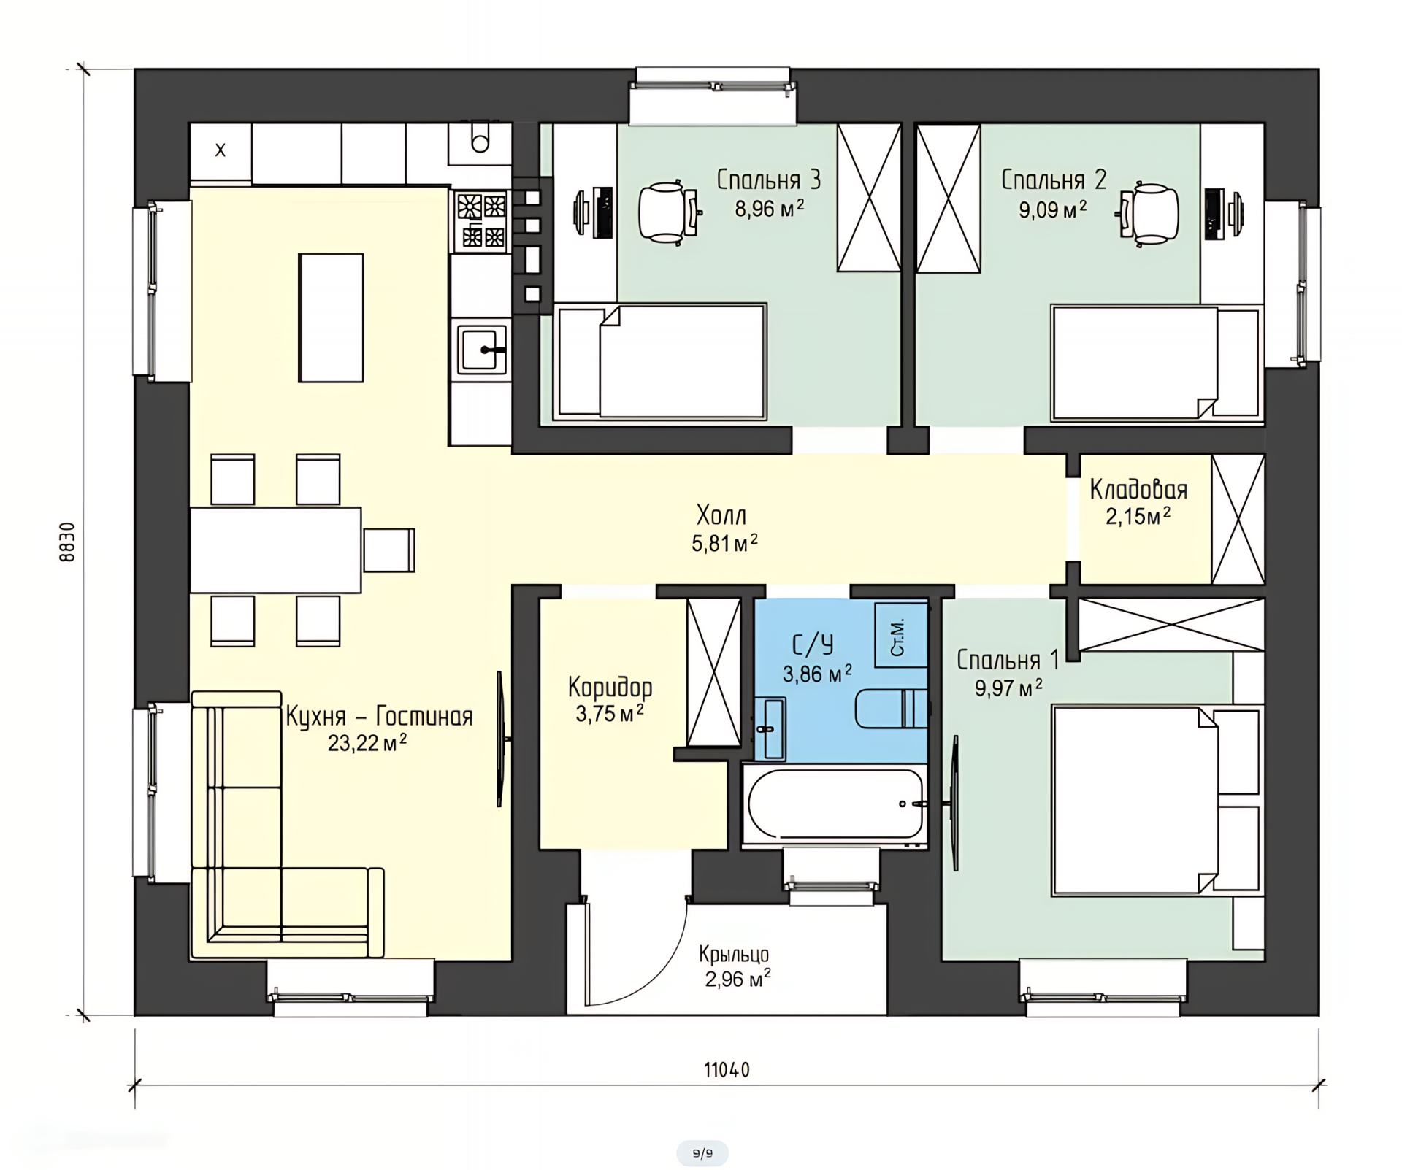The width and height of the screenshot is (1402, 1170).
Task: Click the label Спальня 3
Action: click(x=768, y=180)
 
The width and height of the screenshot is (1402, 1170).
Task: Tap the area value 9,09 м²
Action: click(x=1053, y=210)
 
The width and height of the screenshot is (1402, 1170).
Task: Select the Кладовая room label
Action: click(x=1138, y=490)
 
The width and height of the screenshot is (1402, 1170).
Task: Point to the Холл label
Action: click(x=721, y=515)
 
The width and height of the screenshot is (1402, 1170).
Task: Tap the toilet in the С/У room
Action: click(x=891, y=708)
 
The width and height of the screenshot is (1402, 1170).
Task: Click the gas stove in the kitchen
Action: click(x=480, y=220)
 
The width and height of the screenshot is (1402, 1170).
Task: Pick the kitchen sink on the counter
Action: click(x=481, y=350)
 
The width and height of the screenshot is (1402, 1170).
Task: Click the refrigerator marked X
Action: click(x=221, y=151)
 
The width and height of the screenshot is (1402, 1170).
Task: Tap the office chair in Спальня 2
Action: click(x=1147, y=213)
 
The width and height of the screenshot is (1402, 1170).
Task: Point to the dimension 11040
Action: click(x=727, y=1070)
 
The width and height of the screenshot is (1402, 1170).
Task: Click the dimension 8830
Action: click(x=67, y=542)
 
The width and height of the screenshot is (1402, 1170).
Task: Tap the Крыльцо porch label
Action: click(x=734, y=954)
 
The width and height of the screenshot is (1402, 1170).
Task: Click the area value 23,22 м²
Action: click(x=367, y=743)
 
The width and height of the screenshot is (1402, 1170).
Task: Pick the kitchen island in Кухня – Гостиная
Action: click(x=331, y=317)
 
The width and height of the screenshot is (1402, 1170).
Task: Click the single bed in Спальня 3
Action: click(x=660, y=362)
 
